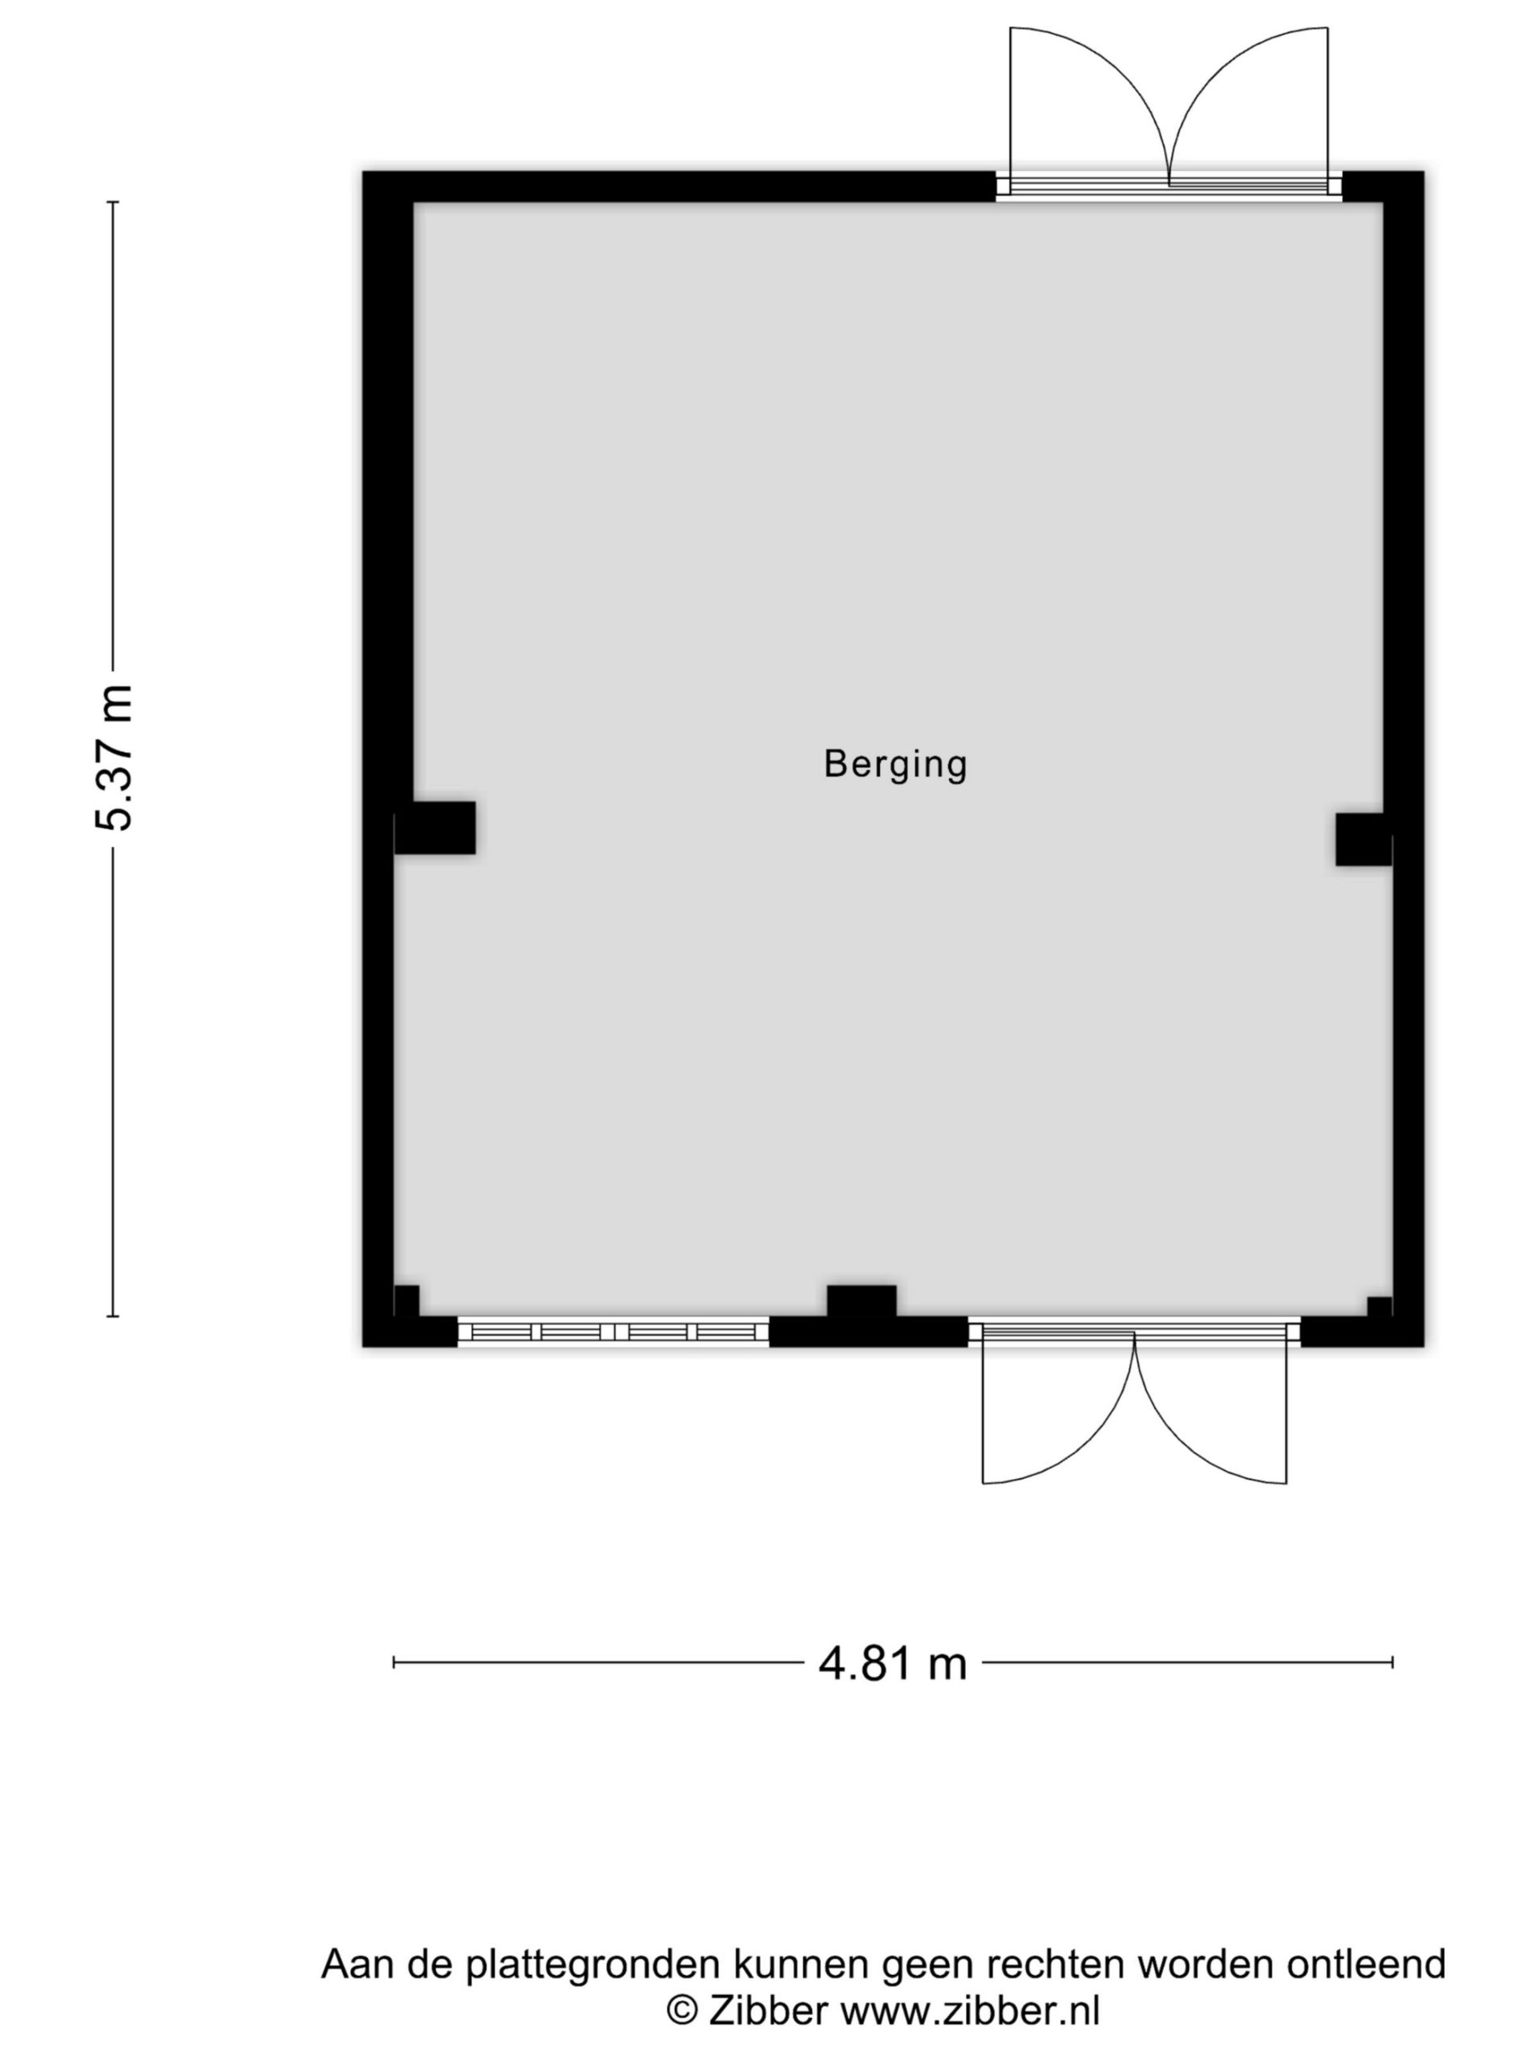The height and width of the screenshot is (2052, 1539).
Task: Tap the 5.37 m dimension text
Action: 115,758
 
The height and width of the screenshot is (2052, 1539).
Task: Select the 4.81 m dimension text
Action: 892,1664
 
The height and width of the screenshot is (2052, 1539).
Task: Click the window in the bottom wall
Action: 613,1332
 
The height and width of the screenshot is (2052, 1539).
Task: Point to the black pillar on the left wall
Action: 435,827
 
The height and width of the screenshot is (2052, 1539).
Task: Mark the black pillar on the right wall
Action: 1363,839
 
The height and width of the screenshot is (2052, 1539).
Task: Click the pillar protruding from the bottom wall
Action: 862,1301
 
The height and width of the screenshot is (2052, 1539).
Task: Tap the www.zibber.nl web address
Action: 971,2011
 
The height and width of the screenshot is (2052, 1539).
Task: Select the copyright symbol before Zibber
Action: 683,2012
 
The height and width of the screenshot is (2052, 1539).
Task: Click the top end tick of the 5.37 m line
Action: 113,201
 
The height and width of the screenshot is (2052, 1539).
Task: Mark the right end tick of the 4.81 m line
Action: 1392,1662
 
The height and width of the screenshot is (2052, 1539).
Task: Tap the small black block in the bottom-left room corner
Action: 407,1301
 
